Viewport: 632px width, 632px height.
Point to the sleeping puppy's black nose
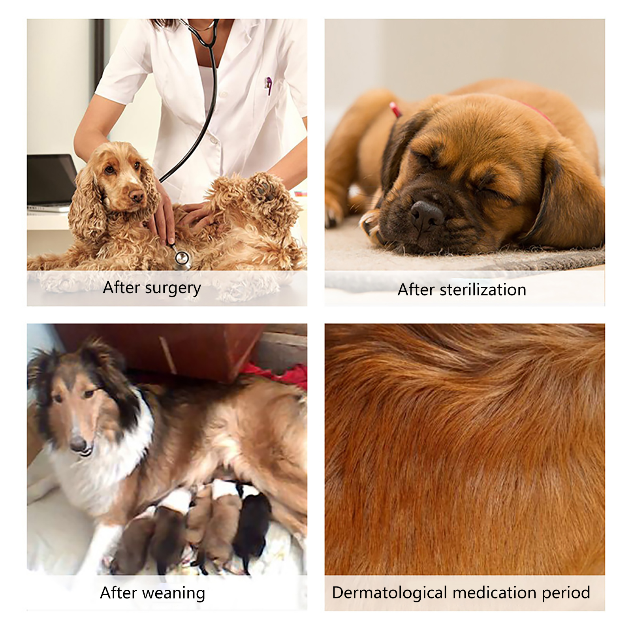click(x=426, y=215)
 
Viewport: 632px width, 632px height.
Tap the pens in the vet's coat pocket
click(x=268, y=85)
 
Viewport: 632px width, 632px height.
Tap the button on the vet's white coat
click(x=224, y=94)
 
